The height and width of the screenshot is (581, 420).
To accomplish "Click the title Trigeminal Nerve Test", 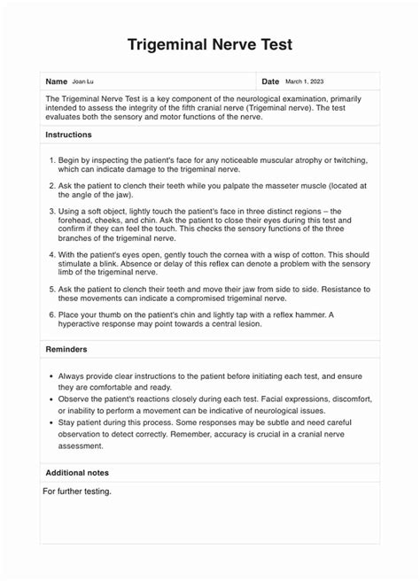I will pyautogui.click(x=209, y=44).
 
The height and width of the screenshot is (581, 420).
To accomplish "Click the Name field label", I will pyautogui.click(x=57, y=81).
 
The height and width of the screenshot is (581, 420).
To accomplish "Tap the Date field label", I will pyautogui.click(x=270, y=81).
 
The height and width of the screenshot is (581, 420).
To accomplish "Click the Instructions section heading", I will pyautogui.click(x=69, y=135).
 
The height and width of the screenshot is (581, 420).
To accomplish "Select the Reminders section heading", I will pyautogui.click(x=66, y=349).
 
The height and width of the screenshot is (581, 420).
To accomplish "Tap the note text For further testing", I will pyautogui.click(x=77, y=492).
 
